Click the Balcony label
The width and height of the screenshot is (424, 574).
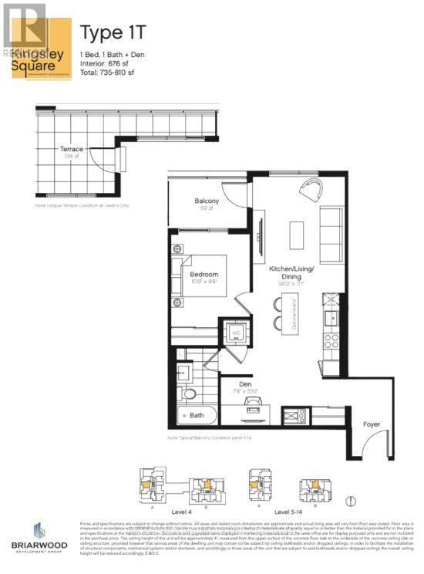[x=206, y=201]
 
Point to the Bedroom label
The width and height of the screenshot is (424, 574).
[x=204, y=274]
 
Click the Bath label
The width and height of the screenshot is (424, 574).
[x=197, y=415]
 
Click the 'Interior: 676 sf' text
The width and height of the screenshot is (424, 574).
[x=107, y=62]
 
